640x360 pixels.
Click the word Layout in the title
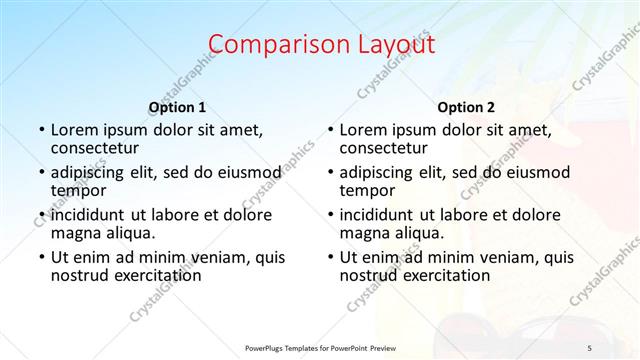coord(393,44)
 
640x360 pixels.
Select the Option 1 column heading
coord(177,107)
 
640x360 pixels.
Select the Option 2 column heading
coord(466,107)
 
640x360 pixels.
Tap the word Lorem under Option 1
coord(75,130)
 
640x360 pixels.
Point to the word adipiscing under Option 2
coord(380,172)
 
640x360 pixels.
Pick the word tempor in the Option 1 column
coord(78,190)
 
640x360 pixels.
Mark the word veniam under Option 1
coord(226,256)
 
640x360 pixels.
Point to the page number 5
coord(590,347)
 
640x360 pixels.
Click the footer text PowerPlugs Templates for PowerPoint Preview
coord(320,347)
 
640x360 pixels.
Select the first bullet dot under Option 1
coord(41,131)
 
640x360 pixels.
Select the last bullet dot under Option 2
coord(330,257)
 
